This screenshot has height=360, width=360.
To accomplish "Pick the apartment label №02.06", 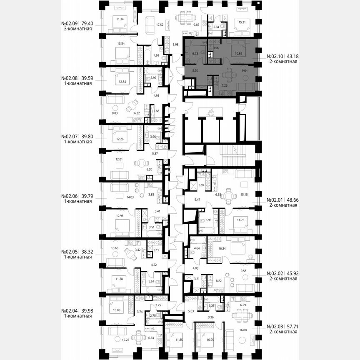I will click(x=70, y=196).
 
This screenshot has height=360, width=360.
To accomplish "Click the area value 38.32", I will click(x=87, y=252).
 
